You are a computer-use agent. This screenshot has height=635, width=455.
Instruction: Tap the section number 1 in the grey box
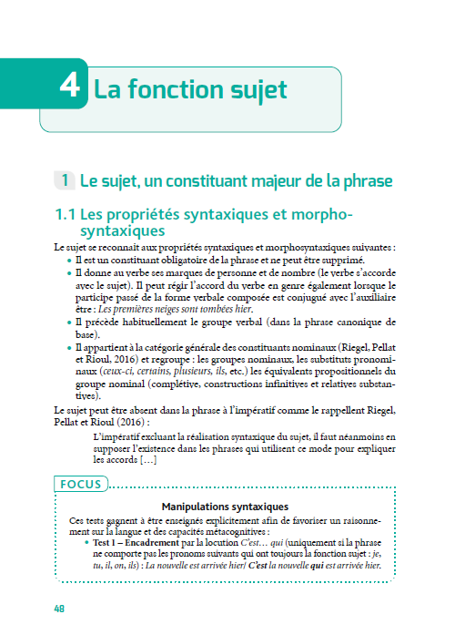[65, 181]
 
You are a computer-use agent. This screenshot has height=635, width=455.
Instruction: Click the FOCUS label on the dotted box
[82, 484]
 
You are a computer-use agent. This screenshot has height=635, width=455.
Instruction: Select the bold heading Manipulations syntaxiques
[225, 506]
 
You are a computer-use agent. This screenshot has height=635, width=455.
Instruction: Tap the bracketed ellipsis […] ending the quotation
[153, 461]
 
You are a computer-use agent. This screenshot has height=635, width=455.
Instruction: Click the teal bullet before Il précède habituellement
[69, 322]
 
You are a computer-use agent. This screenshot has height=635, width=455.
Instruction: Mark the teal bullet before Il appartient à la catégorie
[69, 347]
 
